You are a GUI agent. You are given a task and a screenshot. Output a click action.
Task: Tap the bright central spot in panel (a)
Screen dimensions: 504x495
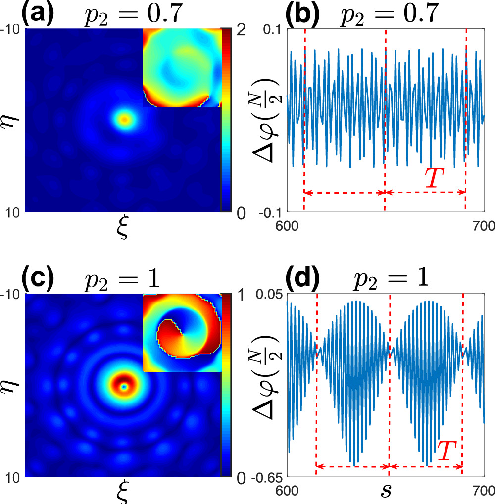pos(124,119)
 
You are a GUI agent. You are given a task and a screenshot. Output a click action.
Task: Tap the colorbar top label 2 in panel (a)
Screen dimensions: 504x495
pos(240,31)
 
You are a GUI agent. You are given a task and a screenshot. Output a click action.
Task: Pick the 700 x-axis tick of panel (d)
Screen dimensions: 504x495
pos(483,492)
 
